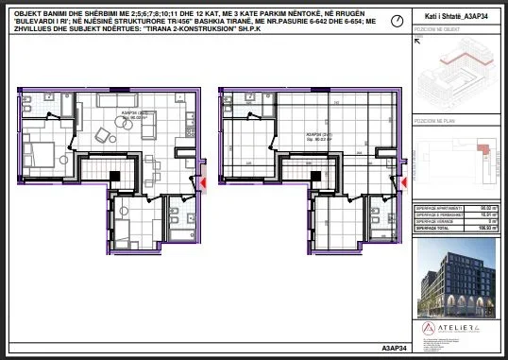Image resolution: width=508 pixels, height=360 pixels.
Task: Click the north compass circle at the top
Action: pyautogui.click(x=397, y=20)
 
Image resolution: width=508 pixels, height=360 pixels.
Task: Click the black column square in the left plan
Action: pyautogui.click(x=113, y=175)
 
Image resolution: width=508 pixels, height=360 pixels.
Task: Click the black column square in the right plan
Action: pyautogui.click(x=312, y=175)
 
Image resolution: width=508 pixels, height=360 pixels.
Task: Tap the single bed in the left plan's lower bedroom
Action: pyautogui.click(x=124, y=231)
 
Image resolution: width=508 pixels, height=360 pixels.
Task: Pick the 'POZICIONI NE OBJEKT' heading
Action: pyautogui.click(x=435, y=30)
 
